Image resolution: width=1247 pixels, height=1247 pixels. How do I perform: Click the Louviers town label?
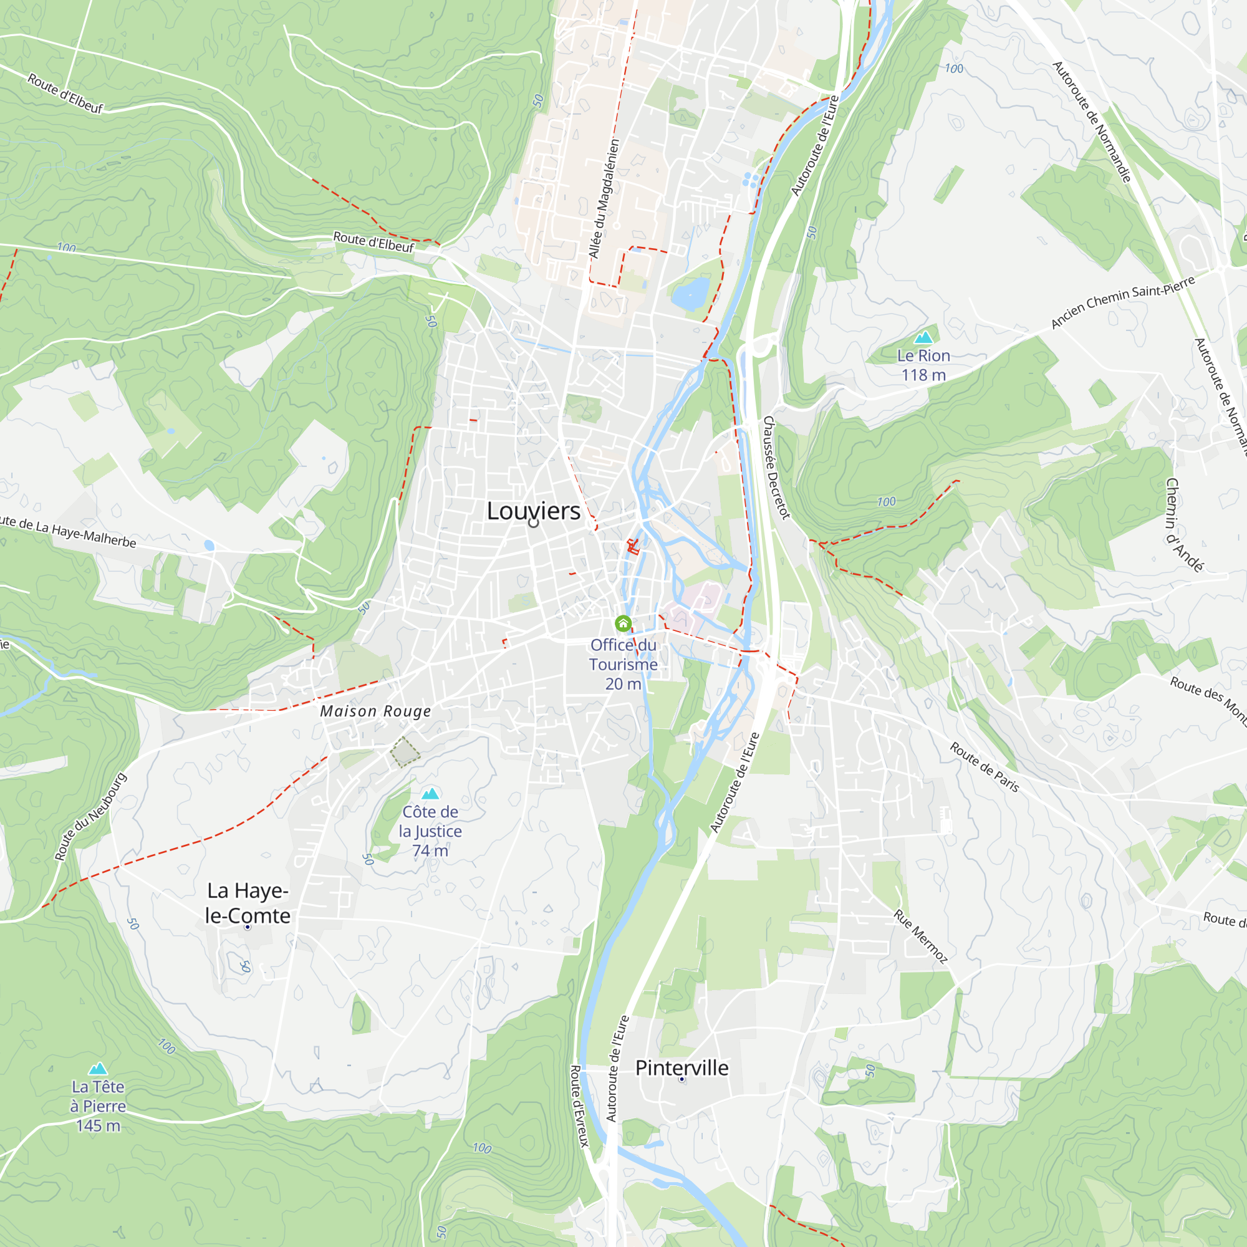(533, 511)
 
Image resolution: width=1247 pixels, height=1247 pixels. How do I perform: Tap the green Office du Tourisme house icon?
(623, 623)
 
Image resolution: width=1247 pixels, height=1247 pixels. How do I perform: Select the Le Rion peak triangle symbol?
(923, 337)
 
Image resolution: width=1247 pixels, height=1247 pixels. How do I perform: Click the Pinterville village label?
(681, 1067)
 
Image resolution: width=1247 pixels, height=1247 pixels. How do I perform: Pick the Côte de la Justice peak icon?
(430, 793)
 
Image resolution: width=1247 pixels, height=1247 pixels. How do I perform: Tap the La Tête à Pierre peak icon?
(97, 1068)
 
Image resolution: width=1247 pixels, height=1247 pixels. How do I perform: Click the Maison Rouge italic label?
(375, 711)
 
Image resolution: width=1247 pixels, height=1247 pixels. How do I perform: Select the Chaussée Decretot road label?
(776, 467)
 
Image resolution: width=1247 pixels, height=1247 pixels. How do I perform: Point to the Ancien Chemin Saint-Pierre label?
(1123, 301)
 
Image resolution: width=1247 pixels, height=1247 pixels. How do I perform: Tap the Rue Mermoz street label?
(920, 936)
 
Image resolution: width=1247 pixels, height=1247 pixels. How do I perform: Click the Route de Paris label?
(985, 768)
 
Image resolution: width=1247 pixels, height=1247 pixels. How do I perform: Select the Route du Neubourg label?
(90, 817)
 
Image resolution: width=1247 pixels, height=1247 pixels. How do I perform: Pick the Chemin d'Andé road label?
(1184, 525)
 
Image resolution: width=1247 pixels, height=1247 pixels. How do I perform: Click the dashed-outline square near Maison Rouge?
(405, 752)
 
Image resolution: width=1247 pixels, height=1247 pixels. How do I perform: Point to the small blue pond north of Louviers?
(690, 294)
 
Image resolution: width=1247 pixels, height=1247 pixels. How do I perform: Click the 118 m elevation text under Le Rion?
(923, 375)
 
